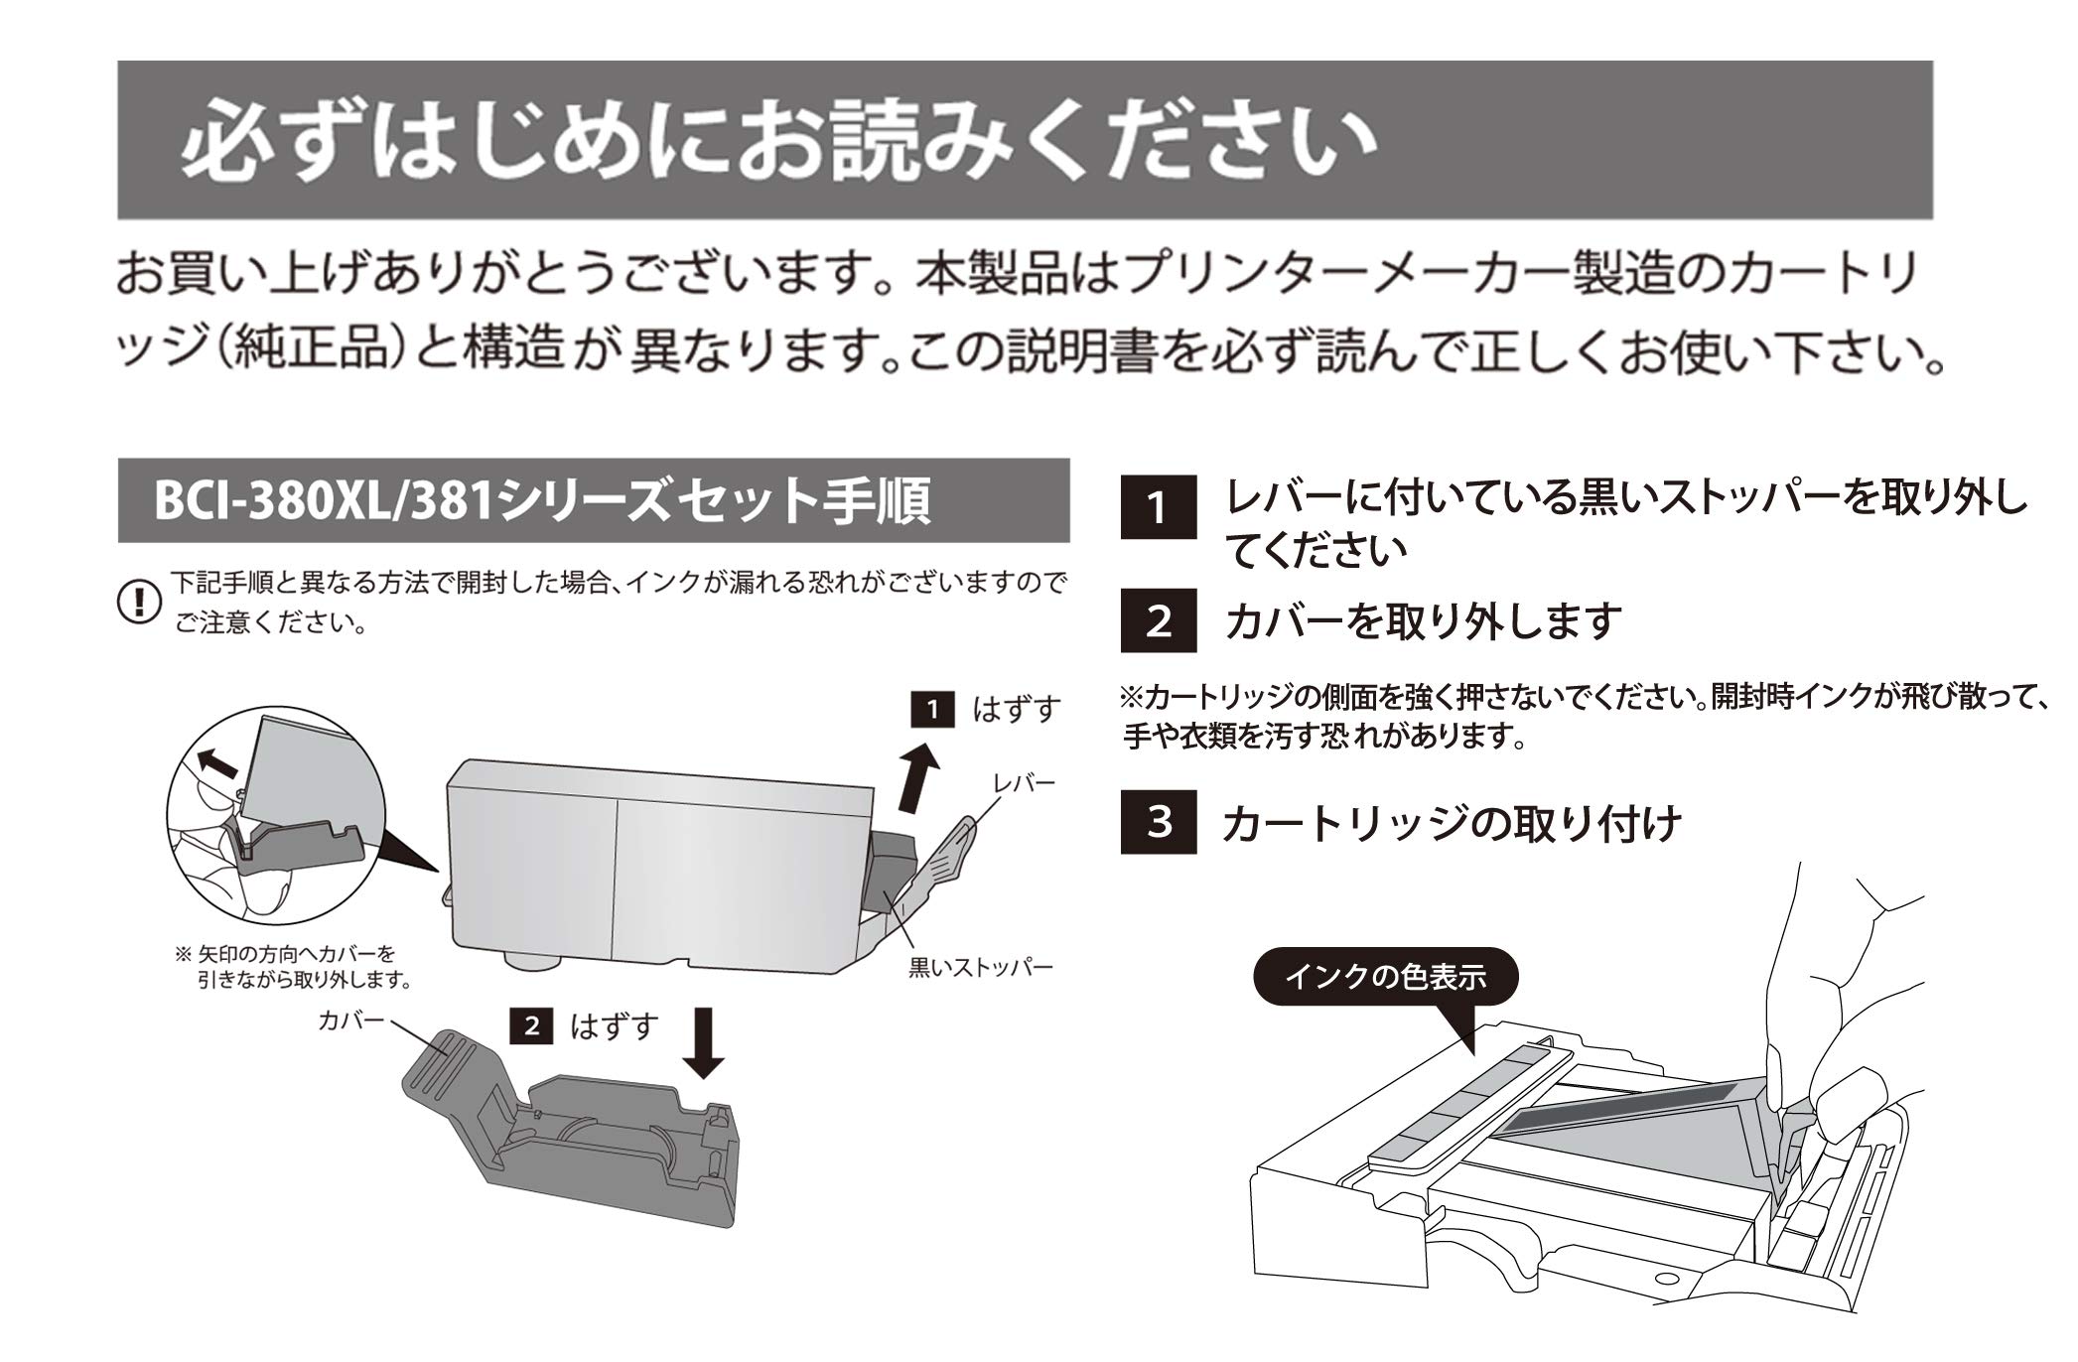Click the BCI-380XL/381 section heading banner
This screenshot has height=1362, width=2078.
(593, 500)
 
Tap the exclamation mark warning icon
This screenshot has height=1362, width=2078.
(139, 602)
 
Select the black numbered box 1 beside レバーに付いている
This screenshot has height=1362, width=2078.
(1158, 507)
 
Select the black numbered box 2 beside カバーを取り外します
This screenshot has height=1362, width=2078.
(1158, 621)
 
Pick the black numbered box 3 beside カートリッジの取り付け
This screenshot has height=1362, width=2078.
(1158, 822)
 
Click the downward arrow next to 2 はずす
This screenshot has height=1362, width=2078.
(705, 1042)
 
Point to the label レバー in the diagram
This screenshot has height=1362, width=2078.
(1024, 783)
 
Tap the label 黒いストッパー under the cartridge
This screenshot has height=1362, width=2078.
(980, 967)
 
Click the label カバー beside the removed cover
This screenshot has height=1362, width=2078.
(350, 1021)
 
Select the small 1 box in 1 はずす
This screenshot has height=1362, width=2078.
(931, 709)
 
